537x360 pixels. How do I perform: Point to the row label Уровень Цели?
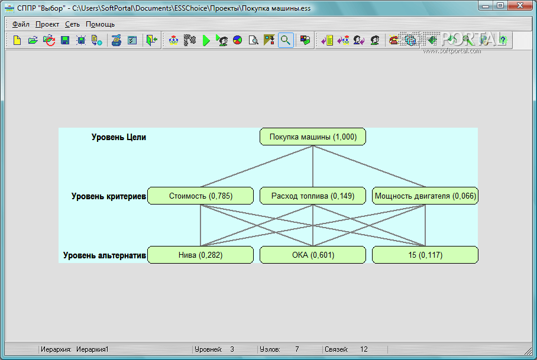(118, 137)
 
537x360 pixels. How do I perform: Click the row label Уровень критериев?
(108, 196)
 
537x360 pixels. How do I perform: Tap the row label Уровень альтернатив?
(104, 255)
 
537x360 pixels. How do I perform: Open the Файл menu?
(21, 24)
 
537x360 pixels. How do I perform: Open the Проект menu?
(47, 24)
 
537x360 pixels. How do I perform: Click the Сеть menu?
(72, 24)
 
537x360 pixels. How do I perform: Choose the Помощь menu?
(100, 24)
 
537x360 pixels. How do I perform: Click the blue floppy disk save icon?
(65, 40)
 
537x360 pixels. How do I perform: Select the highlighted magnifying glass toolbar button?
(286, 40)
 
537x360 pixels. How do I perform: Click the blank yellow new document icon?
(17, 40)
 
